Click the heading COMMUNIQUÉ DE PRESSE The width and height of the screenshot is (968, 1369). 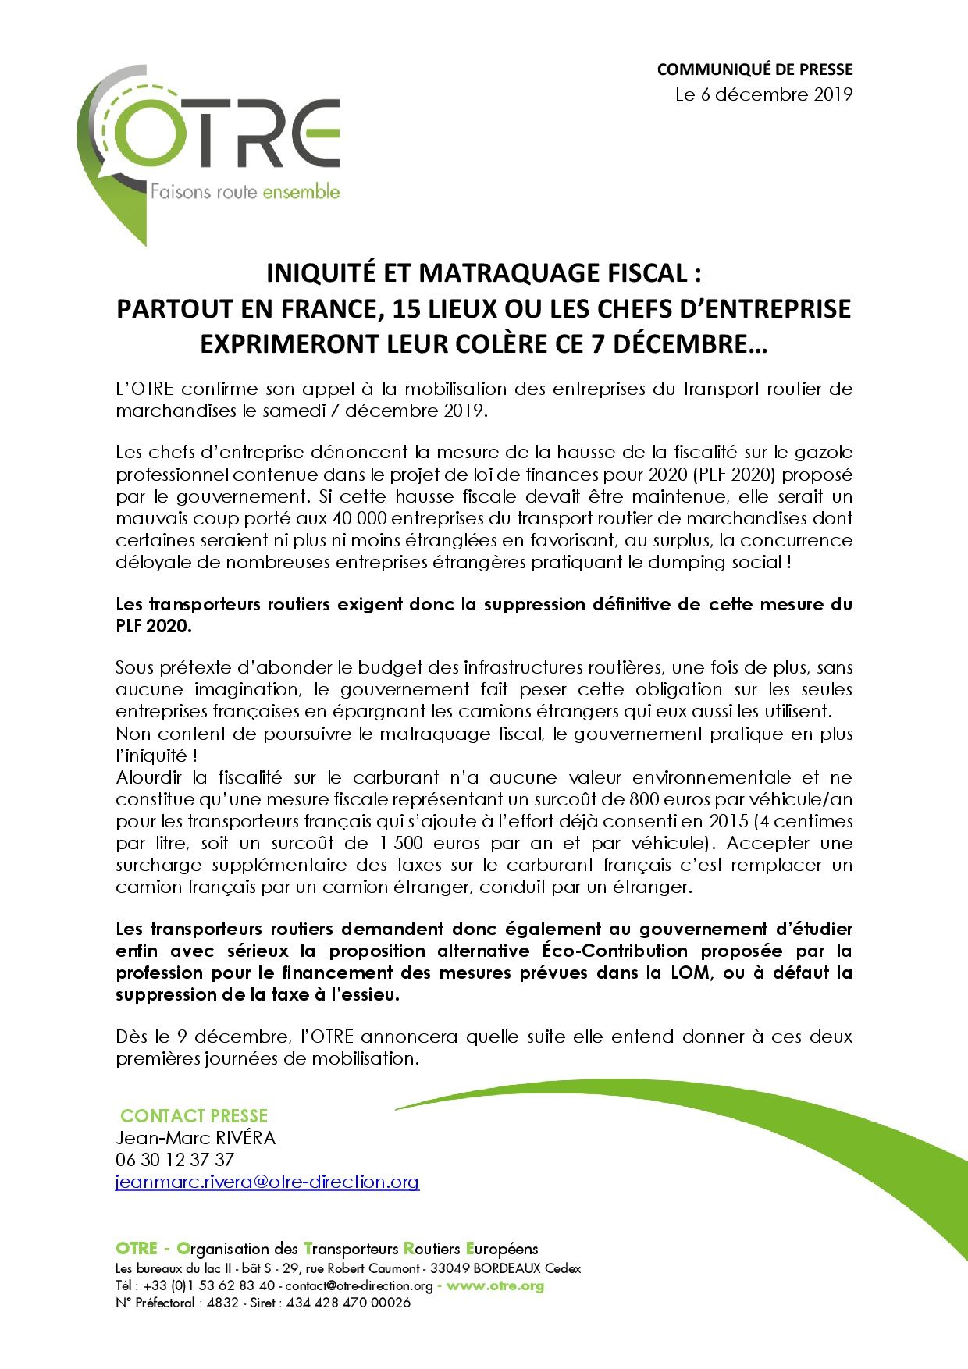(x=754, y=69)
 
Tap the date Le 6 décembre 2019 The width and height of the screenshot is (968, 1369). (x=763, y=95)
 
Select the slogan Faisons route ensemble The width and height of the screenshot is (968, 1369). (x=244, y=192)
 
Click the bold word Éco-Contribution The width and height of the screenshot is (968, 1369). (x=614, y=951)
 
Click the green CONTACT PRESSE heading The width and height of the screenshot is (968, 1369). (x=194, y=1116)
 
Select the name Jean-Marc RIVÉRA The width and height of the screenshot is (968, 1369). (x=196, y=1138)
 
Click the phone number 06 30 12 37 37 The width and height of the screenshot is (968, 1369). (x=175, y=1160)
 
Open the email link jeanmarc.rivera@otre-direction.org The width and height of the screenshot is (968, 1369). (x=268, y=1182)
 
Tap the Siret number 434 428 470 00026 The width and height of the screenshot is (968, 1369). (x=348, y=1303)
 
